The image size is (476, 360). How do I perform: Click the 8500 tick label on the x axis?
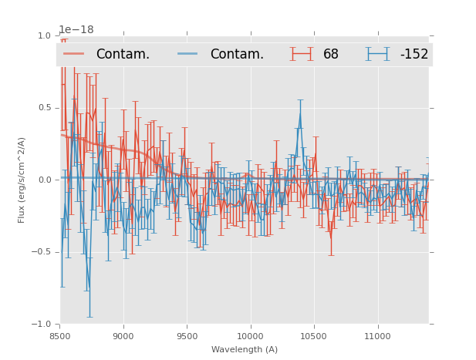(60, 336)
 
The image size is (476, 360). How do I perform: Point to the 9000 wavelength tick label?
(123, 336)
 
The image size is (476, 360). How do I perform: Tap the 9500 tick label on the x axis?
(187, 336)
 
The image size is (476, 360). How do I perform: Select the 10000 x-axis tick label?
(250, 336)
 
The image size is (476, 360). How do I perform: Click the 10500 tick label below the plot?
(314, 336)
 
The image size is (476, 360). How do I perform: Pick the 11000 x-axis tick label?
(377, 336)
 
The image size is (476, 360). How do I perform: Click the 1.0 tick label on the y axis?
(44, 35)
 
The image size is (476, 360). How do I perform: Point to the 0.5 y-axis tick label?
(44, 108)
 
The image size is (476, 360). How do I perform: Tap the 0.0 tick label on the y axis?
(44, 180)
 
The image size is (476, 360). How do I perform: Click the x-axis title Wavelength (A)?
(245, 349)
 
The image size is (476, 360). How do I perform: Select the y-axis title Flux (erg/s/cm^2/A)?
(22, 180)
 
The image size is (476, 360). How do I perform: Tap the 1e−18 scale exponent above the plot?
(76, 30)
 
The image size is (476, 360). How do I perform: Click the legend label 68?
(331, 55)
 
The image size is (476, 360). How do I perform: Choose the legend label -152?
(414, 55)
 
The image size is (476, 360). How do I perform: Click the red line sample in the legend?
(74, 54)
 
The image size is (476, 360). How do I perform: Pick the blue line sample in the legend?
(188, 54)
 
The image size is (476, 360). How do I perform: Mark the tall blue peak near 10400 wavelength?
(300, 113)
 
